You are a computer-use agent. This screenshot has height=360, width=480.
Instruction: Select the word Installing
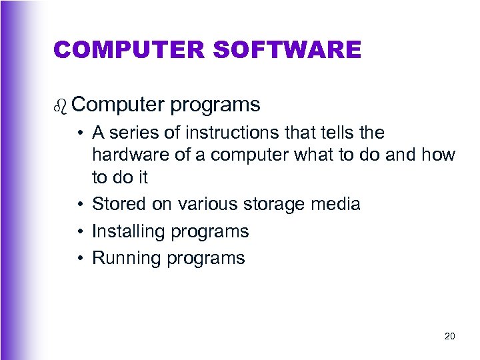(x=128, y=232)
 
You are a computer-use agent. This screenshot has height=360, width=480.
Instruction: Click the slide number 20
(x=449, y=337)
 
